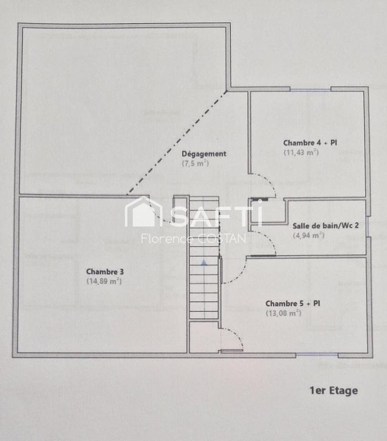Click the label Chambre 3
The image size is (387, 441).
click(105, 272)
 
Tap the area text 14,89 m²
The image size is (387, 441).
click(104, 281)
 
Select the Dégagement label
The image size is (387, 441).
click(204, 154)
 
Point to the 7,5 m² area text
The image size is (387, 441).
click(196, 164)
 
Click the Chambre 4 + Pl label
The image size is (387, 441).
click(310, 142)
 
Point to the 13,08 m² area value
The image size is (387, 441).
click(284, 313)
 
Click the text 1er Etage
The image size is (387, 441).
click(334, 391)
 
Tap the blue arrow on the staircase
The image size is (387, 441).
click(204, 263)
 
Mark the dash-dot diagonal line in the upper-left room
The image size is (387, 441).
click(176, 143)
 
